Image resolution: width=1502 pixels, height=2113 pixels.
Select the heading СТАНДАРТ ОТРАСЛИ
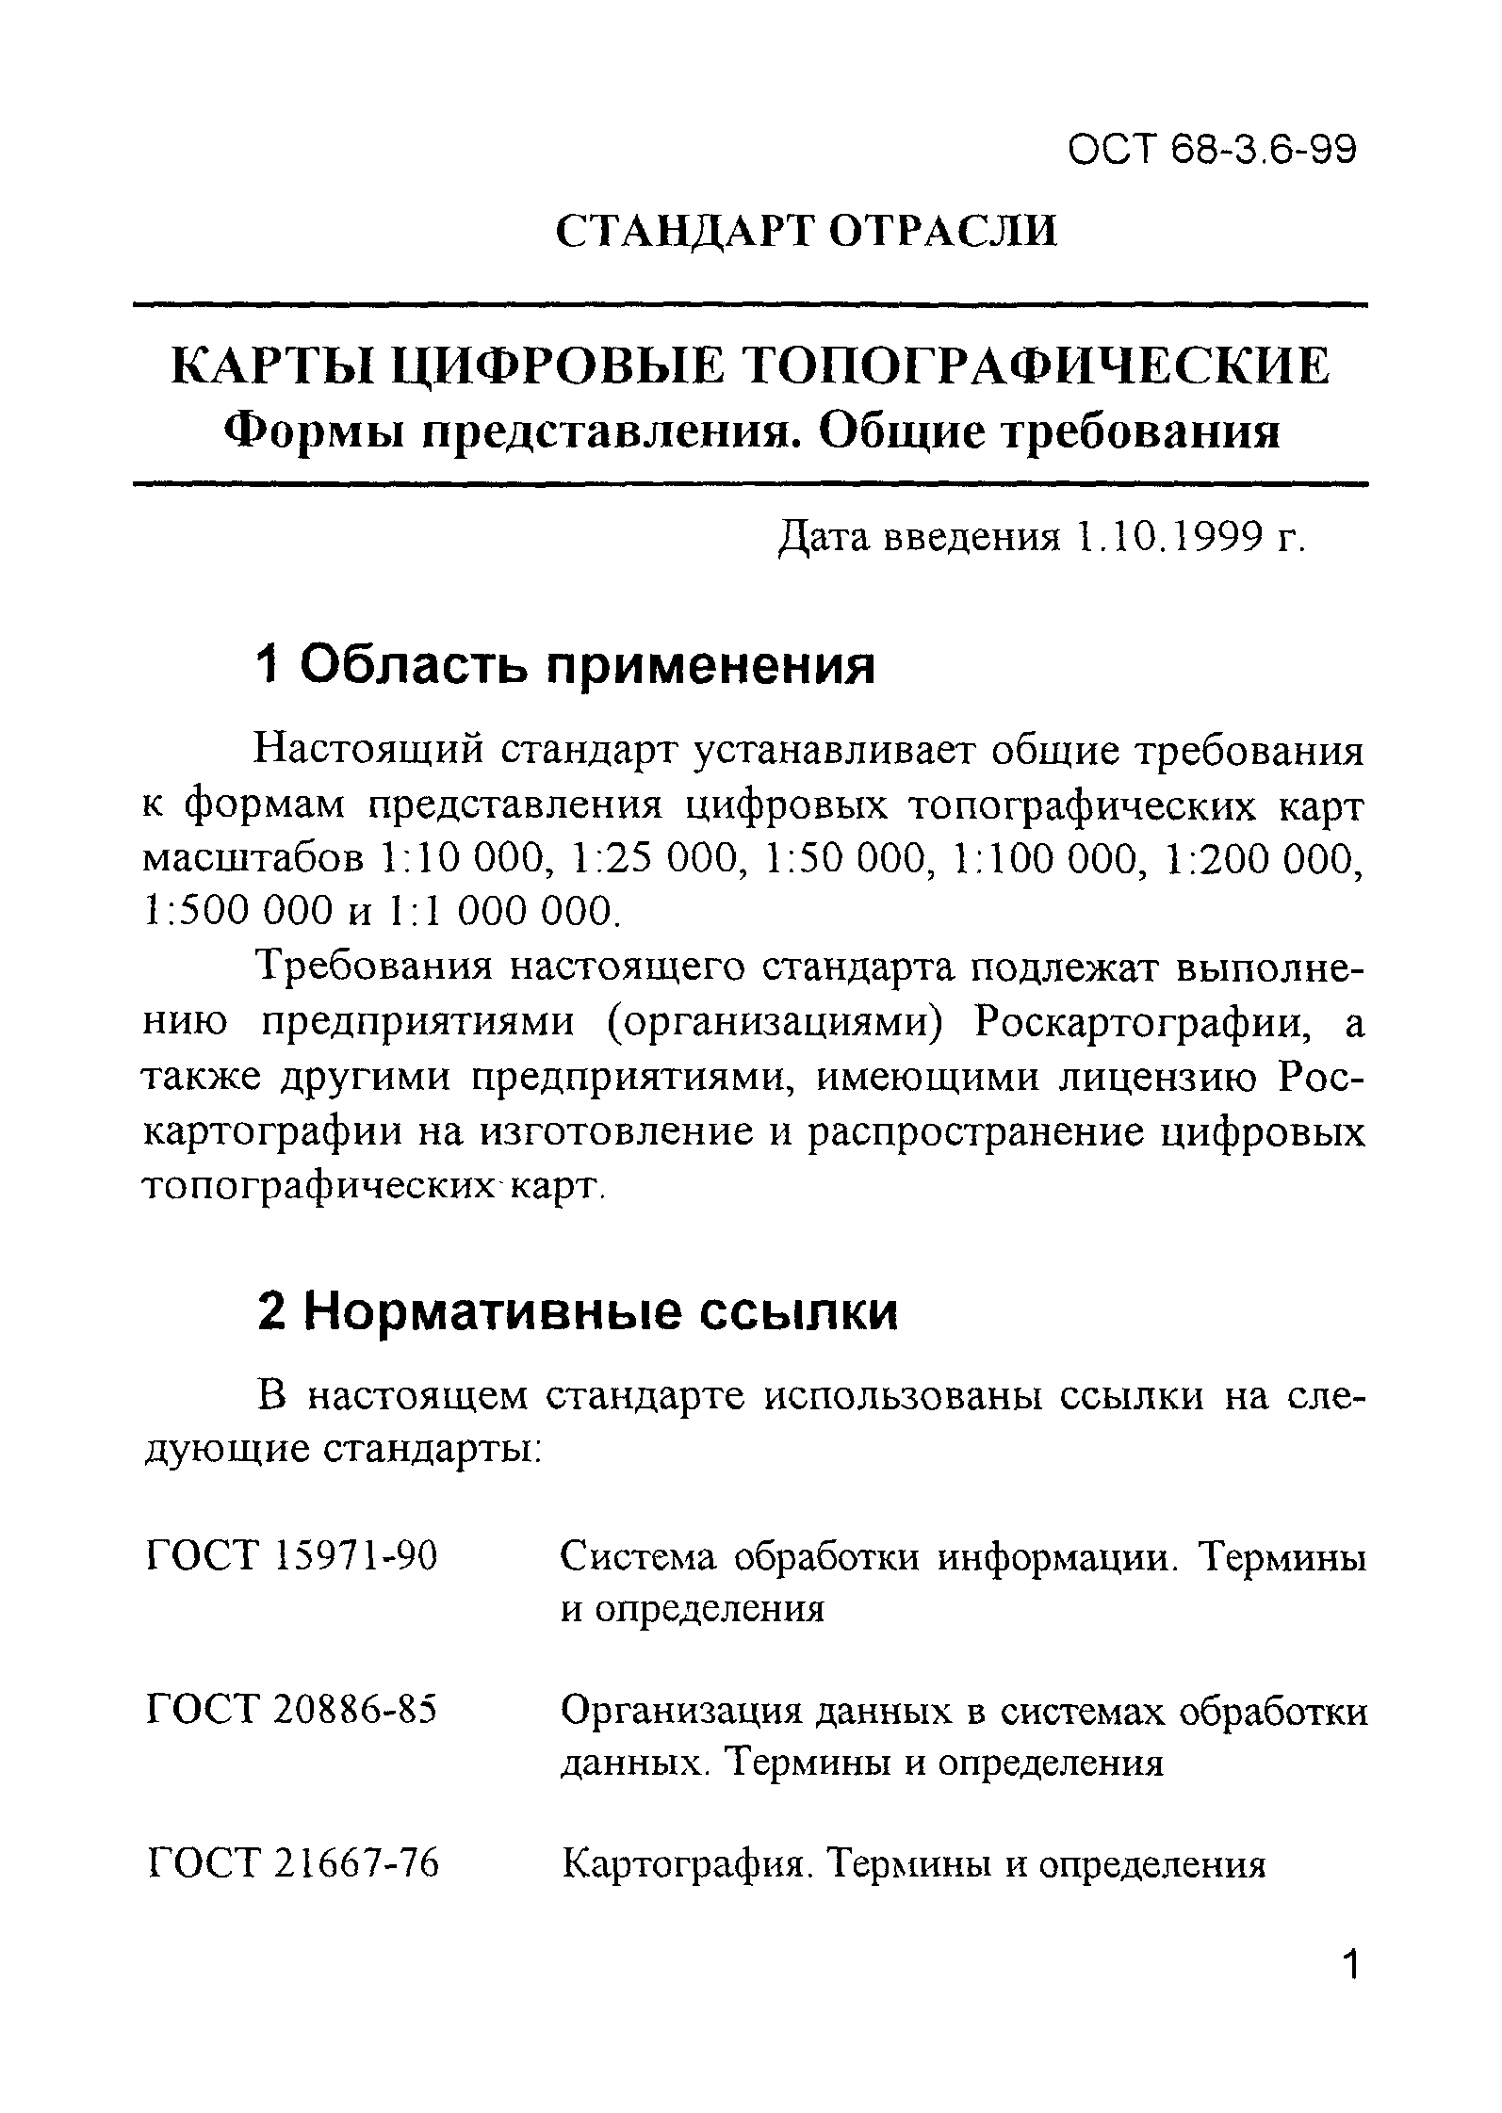tap(807, 232)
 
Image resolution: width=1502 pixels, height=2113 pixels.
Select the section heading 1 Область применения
tap(565, 667)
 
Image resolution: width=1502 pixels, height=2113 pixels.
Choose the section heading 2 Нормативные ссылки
tap(577, 1313)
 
